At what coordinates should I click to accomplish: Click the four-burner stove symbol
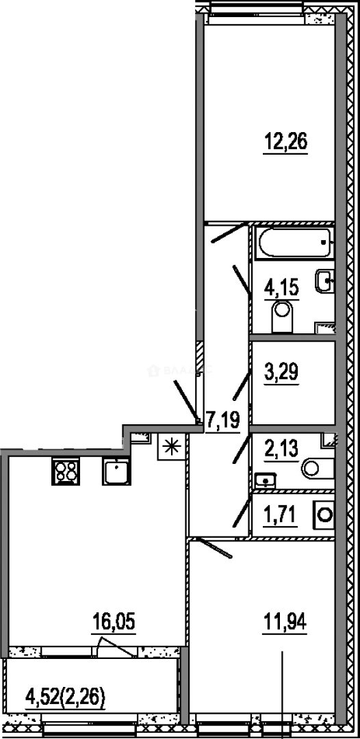[66, 471]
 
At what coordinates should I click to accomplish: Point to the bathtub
[293, 243]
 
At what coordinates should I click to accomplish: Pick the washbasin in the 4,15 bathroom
[325, 281]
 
